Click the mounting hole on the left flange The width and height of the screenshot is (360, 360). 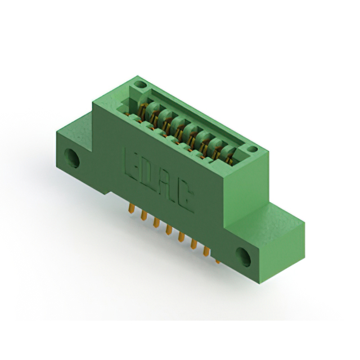click(72, 158)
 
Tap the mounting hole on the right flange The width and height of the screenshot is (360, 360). click(244, 257)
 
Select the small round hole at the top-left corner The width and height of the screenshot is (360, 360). click(140, 84)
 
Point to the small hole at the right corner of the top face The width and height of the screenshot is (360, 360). click(253, 150)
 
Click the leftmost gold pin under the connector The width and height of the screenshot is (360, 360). click(131, 208)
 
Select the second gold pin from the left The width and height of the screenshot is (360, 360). click(144, 215)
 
